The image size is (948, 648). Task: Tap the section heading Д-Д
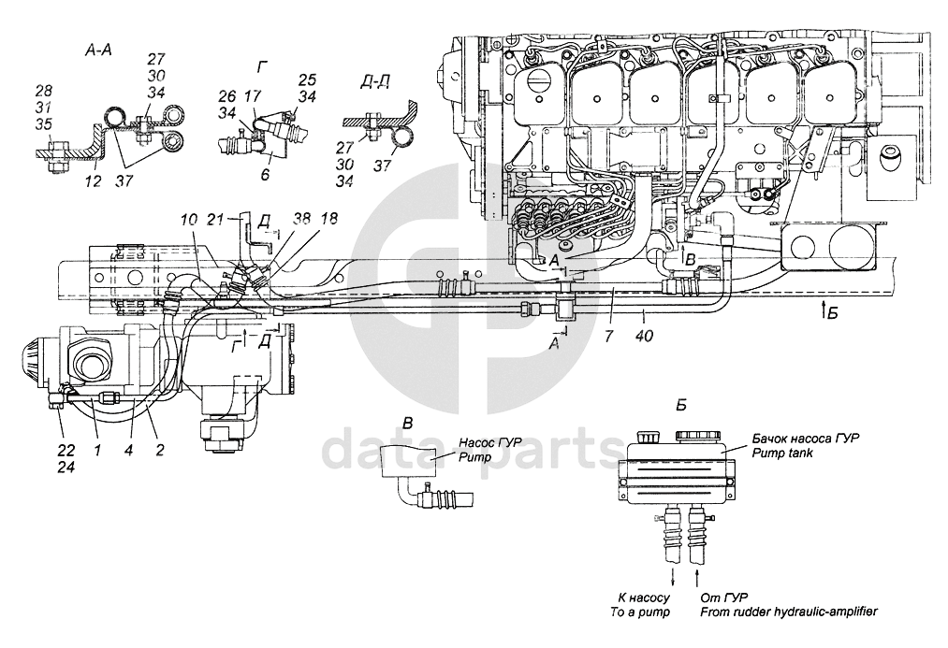point(375,84)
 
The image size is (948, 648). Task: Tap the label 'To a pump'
point(642,612)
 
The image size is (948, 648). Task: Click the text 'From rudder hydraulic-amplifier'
point(788,612)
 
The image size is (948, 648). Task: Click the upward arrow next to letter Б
point(822,308)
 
